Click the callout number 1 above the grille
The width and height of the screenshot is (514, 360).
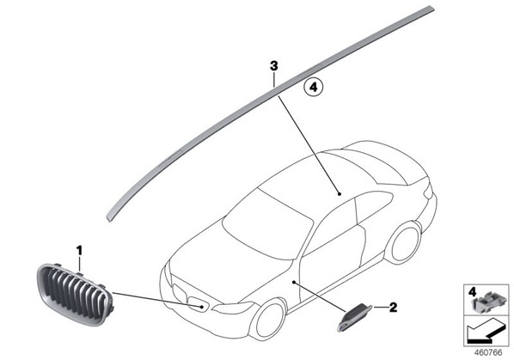[79, 252]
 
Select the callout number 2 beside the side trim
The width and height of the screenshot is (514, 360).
[393, 308]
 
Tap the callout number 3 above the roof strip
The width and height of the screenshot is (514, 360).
[273, 66]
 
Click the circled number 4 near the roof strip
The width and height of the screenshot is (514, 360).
[314, 88]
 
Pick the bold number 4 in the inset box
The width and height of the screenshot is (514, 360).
[472, 291]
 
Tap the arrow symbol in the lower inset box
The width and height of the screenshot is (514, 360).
[486, 332]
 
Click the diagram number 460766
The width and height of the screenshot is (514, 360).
[488, 353]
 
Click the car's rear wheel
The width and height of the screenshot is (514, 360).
[403, 241]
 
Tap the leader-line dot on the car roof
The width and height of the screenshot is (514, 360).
[340, 194]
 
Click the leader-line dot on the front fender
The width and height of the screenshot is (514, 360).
[294, 282]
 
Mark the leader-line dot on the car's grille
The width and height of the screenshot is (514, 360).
[202, 307]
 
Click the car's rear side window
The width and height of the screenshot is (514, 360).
[374, 204]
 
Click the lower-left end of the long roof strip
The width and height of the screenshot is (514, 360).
[108, 219]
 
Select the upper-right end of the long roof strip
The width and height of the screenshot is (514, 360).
[432, 9]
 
